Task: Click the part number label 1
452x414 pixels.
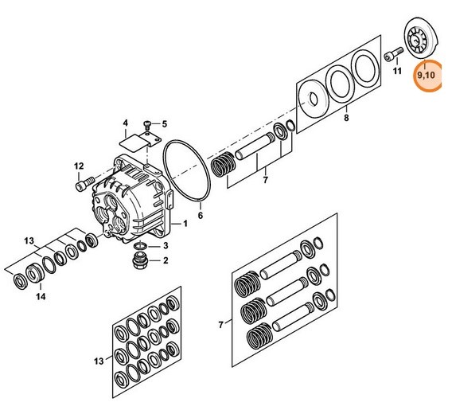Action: [185, 224]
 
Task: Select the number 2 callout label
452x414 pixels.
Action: [165, 260]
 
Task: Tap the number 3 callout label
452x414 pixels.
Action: [165, 247]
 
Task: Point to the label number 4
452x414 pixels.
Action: [125, 123]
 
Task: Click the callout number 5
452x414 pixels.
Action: [165, 124]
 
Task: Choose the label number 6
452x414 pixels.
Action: [200, 216]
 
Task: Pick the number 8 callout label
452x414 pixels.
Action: [345, 119]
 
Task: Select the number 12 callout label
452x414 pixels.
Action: [80, 166]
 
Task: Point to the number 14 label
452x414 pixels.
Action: [41, 297]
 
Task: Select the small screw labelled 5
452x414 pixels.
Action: [149, 123]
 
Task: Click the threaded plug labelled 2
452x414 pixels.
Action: [140, 260]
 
